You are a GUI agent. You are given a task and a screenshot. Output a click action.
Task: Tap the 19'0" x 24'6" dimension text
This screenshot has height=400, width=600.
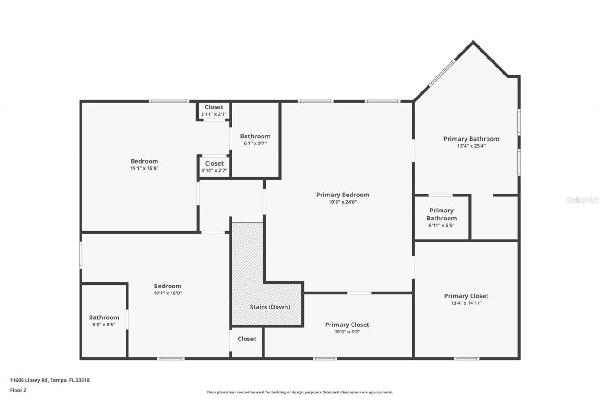tap(343, 202)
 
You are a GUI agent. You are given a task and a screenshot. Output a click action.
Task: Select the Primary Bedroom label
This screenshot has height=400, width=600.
tap(343, 195)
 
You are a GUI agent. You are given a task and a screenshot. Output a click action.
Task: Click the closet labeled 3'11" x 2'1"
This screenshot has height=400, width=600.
tap(214, 111)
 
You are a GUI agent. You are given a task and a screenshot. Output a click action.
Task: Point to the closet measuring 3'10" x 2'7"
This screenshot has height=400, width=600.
tap(214, 167)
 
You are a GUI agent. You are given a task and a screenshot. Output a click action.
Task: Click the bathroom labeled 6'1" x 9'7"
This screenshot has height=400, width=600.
tap(255, 140)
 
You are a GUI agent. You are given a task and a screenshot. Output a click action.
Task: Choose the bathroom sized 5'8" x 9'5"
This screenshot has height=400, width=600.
tap(104, 321)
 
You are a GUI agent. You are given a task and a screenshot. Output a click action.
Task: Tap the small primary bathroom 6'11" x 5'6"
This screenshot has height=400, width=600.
tap(442, 218)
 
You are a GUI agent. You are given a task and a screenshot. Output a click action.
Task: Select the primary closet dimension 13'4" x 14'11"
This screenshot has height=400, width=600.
tap(466, 303)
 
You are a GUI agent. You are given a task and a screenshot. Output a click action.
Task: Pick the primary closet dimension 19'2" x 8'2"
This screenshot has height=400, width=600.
tap(347, 332)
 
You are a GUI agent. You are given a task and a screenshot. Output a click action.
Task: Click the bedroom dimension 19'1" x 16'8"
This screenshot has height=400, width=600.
tap(144, 168)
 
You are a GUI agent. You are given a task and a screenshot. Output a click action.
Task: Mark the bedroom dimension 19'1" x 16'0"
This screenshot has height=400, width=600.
tap(167, 293)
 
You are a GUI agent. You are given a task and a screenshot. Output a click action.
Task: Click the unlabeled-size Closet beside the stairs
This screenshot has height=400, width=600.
tap(247, 339)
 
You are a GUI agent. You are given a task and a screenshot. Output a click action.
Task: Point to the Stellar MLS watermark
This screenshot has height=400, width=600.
tap(582, 200)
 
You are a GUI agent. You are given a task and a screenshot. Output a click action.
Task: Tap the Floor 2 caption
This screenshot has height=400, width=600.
tap(18, 390)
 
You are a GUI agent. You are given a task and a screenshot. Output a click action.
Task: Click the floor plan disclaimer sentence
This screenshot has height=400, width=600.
tap(300, 392)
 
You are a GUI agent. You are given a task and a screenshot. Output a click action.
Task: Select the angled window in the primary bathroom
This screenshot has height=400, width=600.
tap(442, 73)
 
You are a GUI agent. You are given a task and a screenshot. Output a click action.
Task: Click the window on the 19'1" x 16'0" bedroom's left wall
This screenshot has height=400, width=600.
tap(81, 255)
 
